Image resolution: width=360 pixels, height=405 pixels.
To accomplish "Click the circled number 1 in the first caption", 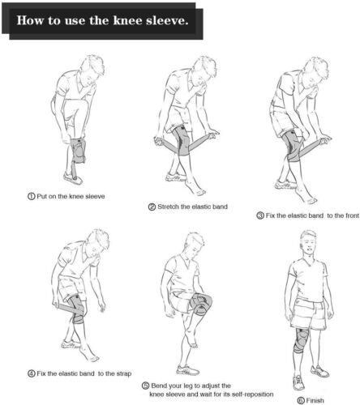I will [28, 196].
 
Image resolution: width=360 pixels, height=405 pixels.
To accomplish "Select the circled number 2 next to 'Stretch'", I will [152, 207].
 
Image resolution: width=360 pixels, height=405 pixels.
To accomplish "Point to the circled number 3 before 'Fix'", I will [259, 215].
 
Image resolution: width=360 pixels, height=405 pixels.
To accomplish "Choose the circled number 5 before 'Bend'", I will [145, 386].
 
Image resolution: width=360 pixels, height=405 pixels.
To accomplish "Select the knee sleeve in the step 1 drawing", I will [78, 149].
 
